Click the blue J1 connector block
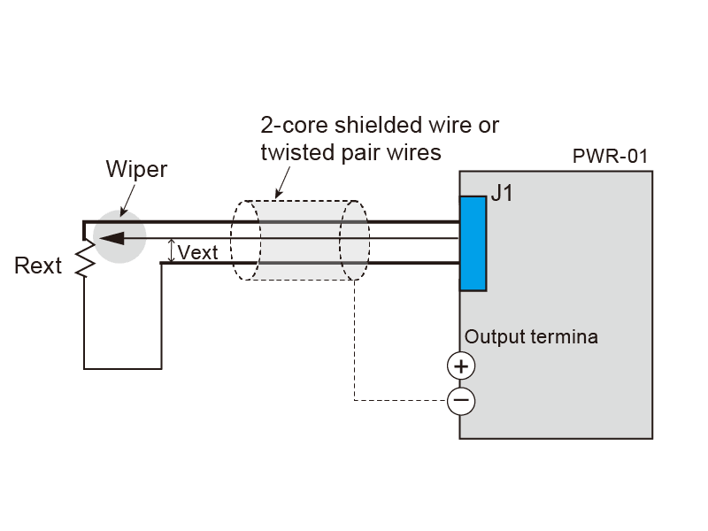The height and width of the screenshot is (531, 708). [473, 243]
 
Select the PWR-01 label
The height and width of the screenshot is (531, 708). [610, 157]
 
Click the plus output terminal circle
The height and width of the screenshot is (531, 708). [460, 366]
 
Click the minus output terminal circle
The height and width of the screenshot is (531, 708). [460, 402]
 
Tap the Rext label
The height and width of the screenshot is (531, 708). [38, 265]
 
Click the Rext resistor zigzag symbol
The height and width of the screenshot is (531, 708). [84, 259]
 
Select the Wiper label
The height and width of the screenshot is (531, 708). [136, 169]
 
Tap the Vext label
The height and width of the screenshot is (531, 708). [198, 252]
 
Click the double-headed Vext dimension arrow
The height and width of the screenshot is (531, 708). [172, 251]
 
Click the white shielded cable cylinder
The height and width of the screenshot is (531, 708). [301, 241]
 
